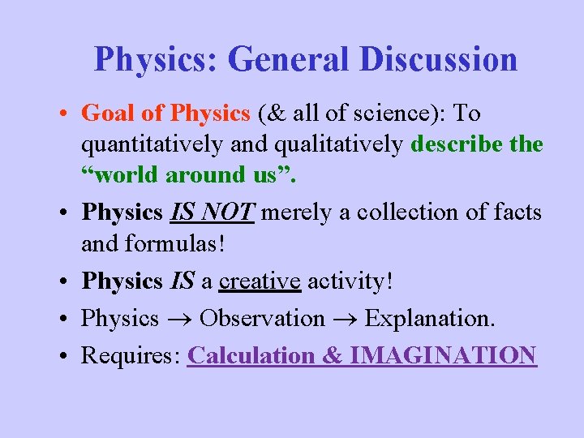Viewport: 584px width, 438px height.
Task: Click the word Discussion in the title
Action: coord(440,59)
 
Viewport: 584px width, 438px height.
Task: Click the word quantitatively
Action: coord(152,144)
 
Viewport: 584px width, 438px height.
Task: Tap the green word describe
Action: coord(458,144)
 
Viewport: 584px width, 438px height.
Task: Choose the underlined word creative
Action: coord(260,281)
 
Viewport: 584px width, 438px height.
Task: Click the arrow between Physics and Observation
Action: coord(179,319)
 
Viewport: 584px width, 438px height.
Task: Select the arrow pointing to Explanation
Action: coord(345,319)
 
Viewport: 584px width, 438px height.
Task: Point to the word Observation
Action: coord(262,319)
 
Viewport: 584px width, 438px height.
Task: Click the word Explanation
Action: coord(429,319)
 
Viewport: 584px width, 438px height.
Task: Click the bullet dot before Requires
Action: coord(63,356)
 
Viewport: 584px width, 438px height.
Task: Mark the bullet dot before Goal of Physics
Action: coord(63,114)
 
